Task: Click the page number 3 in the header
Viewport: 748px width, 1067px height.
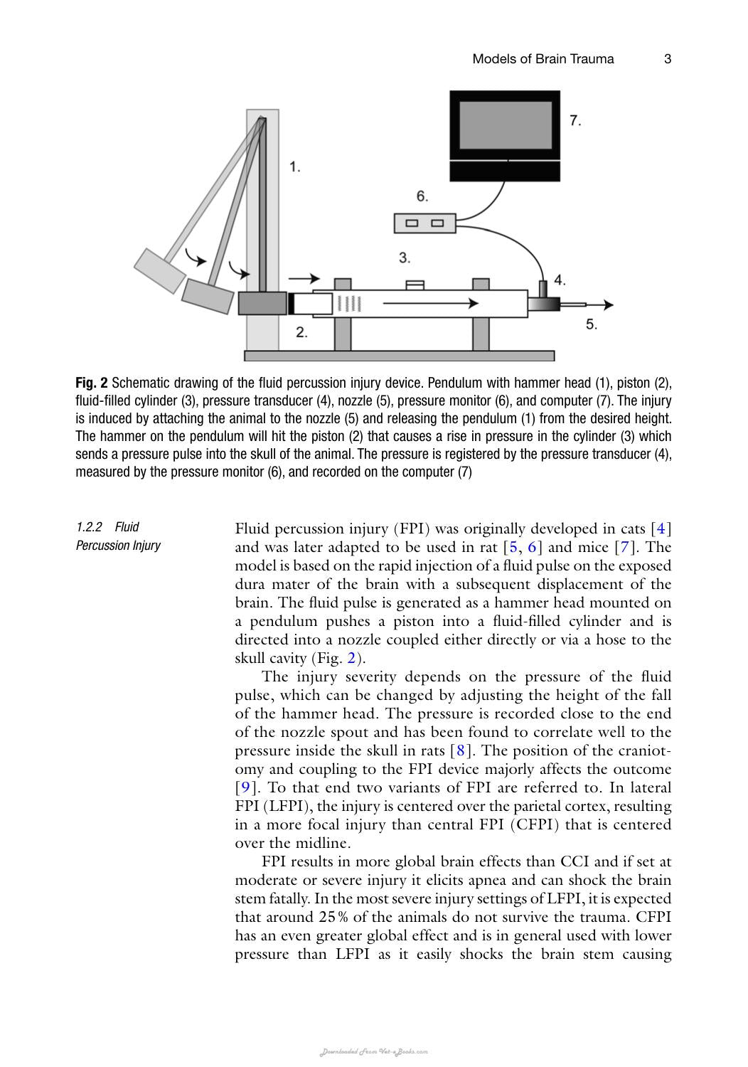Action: pyautogui.click(x=667, y=58)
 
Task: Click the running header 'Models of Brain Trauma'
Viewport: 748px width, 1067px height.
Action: pyautogui.click(x=543, y=58)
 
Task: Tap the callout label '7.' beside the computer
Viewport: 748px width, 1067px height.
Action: pyautogui.click(x=575, y=120)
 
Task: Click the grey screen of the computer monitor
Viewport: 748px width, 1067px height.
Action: pyautogui.click(x=505, y=125)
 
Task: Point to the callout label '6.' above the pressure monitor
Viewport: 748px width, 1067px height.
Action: pyautogui.click(x=422, y=196)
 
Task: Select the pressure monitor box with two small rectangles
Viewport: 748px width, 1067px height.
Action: pyautogui.click(x=424, y=223)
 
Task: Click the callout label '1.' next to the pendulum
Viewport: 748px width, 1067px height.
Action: pyautogui.click(x=295, y=166)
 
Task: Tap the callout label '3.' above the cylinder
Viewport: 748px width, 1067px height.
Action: pyautogui.click(x=405, y=258)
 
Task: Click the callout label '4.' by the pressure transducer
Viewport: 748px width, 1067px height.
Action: pyautogui.click(x=560, y=280)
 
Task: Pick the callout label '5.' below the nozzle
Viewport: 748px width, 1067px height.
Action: pyautogui.click(x=592, y=324)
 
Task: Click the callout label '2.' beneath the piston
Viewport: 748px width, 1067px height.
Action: pyautogui.click(x=301, y=332)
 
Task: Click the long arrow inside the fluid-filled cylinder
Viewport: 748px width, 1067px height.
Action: pyautogui.click(x=430, y=304)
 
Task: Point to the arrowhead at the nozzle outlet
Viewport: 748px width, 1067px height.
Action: pyautogui.click(x=609, y=305)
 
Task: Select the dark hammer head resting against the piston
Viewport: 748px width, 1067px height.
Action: pyautogui.click(x=262, y=303)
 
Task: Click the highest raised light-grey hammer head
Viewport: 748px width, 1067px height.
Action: pyautogui.click(x=160, y=270)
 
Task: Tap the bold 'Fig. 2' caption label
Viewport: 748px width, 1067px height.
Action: pyautogui.click(x=92, y=383)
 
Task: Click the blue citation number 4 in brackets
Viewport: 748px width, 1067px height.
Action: pyautogui.click(x=661, y=529)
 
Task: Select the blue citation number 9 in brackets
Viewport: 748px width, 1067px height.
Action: pyautogui.click(x=245, y=787)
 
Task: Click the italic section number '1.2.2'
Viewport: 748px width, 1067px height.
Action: pyautogui.click(x=89, y=527)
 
